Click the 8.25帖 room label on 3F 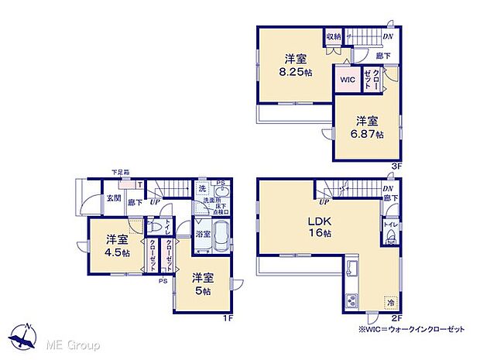297,64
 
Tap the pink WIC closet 345,79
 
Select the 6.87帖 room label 368,127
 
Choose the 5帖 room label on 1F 204,283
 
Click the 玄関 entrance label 114,199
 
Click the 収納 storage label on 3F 334,36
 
